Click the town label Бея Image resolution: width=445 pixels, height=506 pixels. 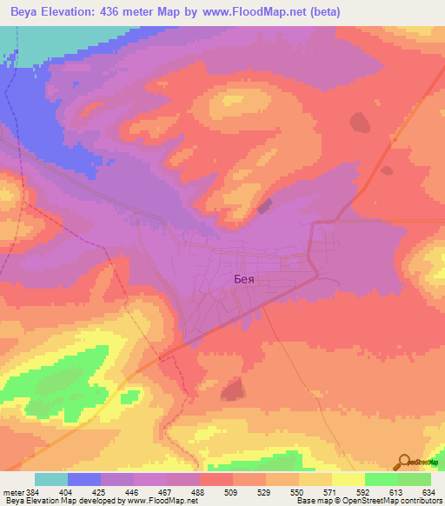pyautogui.click(x=245, y=280)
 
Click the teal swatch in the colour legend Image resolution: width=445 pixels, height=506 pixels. pyautogui.click(x=50, y=479)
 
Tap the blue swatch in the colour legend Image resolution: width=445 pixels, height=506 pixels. pyautogui.click(x=83, y=479)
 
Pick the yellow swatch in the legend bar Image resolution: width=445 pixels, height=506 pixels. pyautogui.click(x=348, y=479)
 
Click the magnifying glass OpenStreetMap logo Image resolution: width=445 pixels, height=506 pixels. pyautogui.click(x=403, y=462)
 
